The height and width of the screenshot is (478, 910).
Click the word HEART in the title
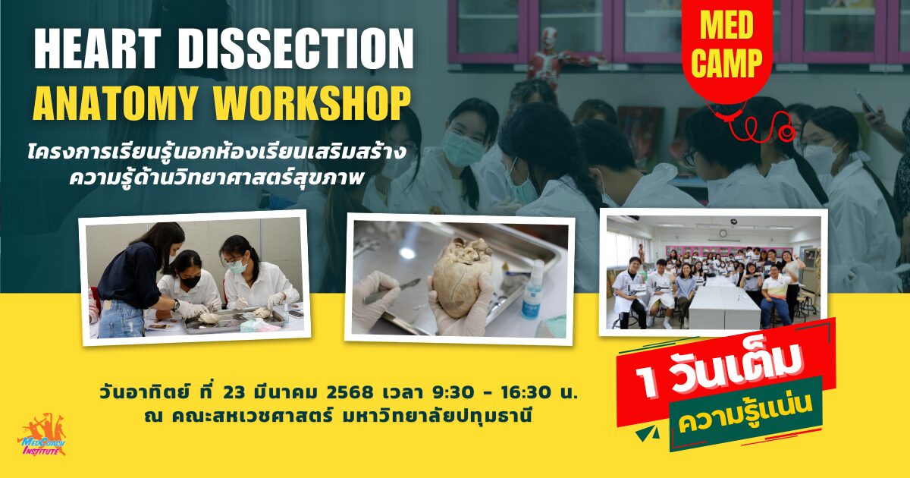pyautogui.click(x=98, y=49)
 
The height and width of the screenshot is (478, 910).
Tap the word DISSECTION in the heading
pyautogui.click(x=296, y=49)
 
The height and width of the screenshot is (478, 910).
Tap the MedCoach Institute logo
pyautogui.click(x=42, y=435)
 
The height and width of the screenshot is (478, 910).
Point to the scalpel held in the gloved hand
pyautogui.click(x=392, y=292)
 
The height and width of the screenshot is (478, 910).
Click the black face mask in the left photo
pyautogui.click(x=190, y=281)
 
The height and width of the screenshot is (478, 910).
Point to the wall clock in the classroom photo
pyautogui.click(x=723, y=234)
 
